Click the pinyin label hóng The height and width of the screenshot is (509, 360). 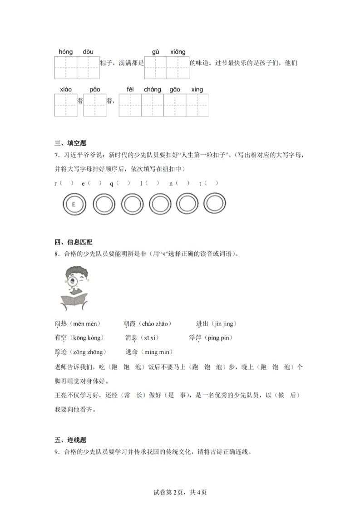coord(66,52)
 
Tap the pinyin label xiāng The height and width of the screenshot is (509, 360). coord(178,52)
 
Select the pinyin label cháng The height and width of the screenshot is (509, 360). coord(153,89)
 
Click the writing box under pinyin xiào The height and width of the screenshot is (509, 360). coord(66,105)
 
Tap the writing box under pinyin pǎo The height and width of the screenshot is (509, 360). coord(94,105)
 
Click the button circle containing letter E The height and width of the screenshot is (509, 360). coord(73,205)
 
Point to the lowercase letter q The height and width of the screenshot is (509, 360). coord(111,183)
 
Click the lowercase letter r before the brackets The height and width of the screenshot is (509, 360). coord(55,183)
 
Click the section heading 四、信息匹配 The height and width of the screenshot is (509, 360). coord(73,242)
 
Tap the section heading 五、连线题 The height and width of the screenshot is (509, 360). coord(70,440)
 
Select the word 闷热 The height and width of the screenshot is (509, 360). coord(60,323)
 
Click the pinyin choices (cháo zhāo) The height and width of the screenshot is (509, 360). coord(156,323)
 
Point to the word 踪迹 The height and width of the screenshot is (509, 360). coord(60,352)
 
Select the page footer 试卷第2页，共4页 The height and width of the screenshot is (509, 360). coord(180,492)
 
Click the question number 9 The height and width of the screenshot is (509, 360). coord(56,452)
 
